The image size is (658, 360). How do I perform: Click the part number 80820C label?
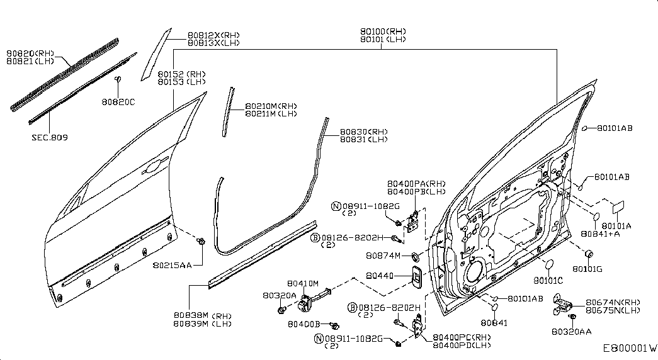coord(118,102)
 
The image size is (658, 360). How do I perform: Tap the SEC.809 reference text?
coord(50,137)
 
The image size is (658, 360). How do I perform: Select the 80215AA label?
coord(172,265)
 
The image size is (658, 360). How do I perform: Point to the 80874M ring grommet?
coord(415,255)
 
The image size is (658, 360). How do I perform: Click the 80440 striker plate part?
coord(417,277)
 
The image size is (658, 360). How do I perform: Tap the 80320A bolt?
coord(281,310)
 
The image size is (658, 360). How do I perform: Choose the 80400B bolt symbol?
coord(334,325)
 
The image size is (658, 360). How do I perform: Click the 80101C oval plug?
coord(548,265)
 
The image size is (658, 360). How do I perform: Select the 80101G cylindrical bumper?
coord(589,254)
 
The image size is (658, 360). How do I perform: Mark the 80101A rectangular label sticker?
coord(618,206)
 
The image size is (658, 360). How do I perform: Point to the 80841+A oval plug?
coord(595,217)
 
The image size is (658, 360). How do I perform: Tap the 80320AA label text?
coord(572,332)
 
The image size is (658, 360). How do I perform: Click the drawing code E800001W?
coord(630,348)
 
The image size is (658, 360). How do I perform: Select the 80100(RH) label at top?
coord(383,31)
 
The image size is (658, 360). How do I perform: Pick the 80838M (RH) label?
coord(203,315)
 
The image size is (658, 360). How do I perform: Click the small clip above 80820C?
coord(118,79)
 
